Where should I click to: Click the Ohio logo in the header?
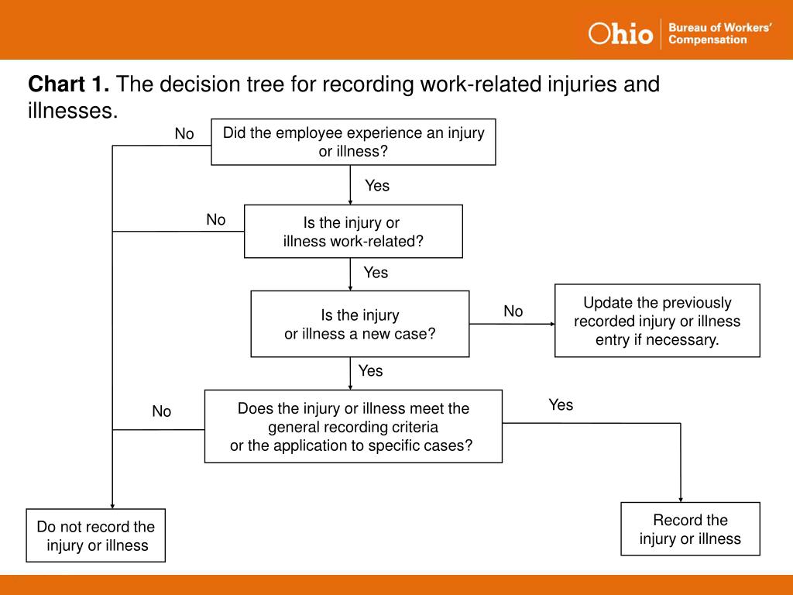(x=620, y=33)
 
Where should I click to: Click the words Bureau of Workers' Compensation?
(x=719, y=33)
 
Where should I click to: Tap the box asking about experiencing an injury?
(x=353, y=142)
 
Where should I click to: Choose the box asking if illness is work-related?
(x=353, y=232)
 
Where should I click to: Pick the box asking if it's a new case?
(x=360, y=324)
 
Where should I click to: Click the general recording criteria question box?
(x=353, y=426)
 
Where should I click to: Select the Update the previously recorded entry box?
(x=657, y=321)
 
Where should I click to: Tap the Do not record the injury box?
(x=96, y=535)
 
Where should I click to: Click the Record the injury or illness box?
(x=690, y=529)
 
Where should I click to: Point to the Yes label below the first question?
(x=377, y=186)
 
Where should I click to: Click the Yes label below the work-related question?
(x=376, y=273)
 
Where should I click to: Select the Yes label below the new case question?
(x=370, y=371)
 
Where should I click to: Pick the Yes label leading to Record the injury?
(x=561, y=404)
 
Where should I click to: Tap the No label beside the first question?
(x=184, y=134)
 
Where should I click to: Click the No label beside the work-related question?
(x=216, y=220)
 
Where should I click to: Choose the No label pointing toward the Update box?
(x=513, y=311)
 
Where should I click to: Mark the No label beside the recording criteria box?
(x=162, y=411)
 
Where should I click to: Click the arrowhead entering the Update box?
(x=551, y=324)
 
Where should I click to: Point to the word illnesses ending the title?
(x=72, y=111)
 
